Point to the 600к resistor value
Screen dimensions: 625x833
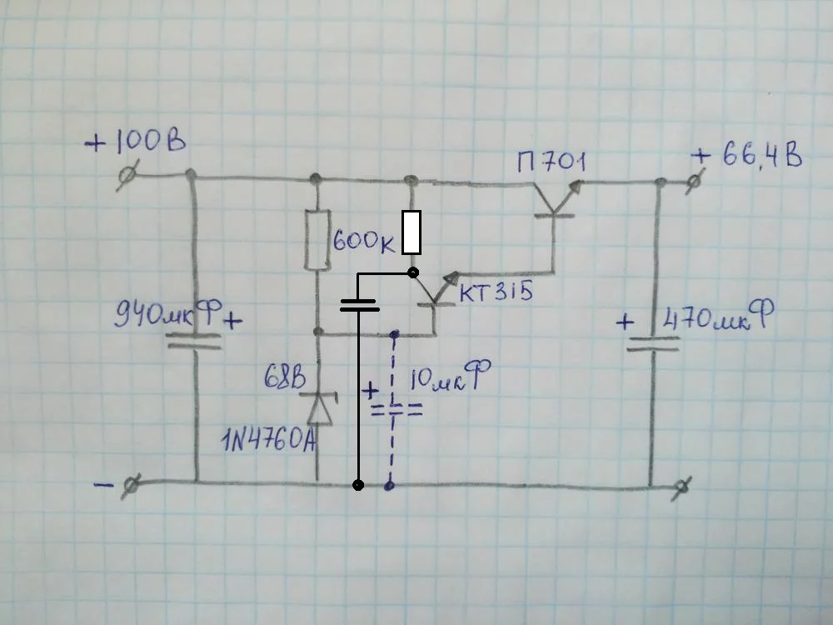pos(364,241)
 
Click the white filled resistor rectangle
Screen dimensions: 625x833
pos(412,232)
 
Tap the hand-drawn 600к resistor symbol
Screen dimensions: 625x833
pos(316,240)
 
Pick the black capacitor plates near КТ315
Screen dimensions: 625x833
pos(359,304)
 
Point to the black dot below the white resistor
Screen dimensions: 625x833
pos(412,272)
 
